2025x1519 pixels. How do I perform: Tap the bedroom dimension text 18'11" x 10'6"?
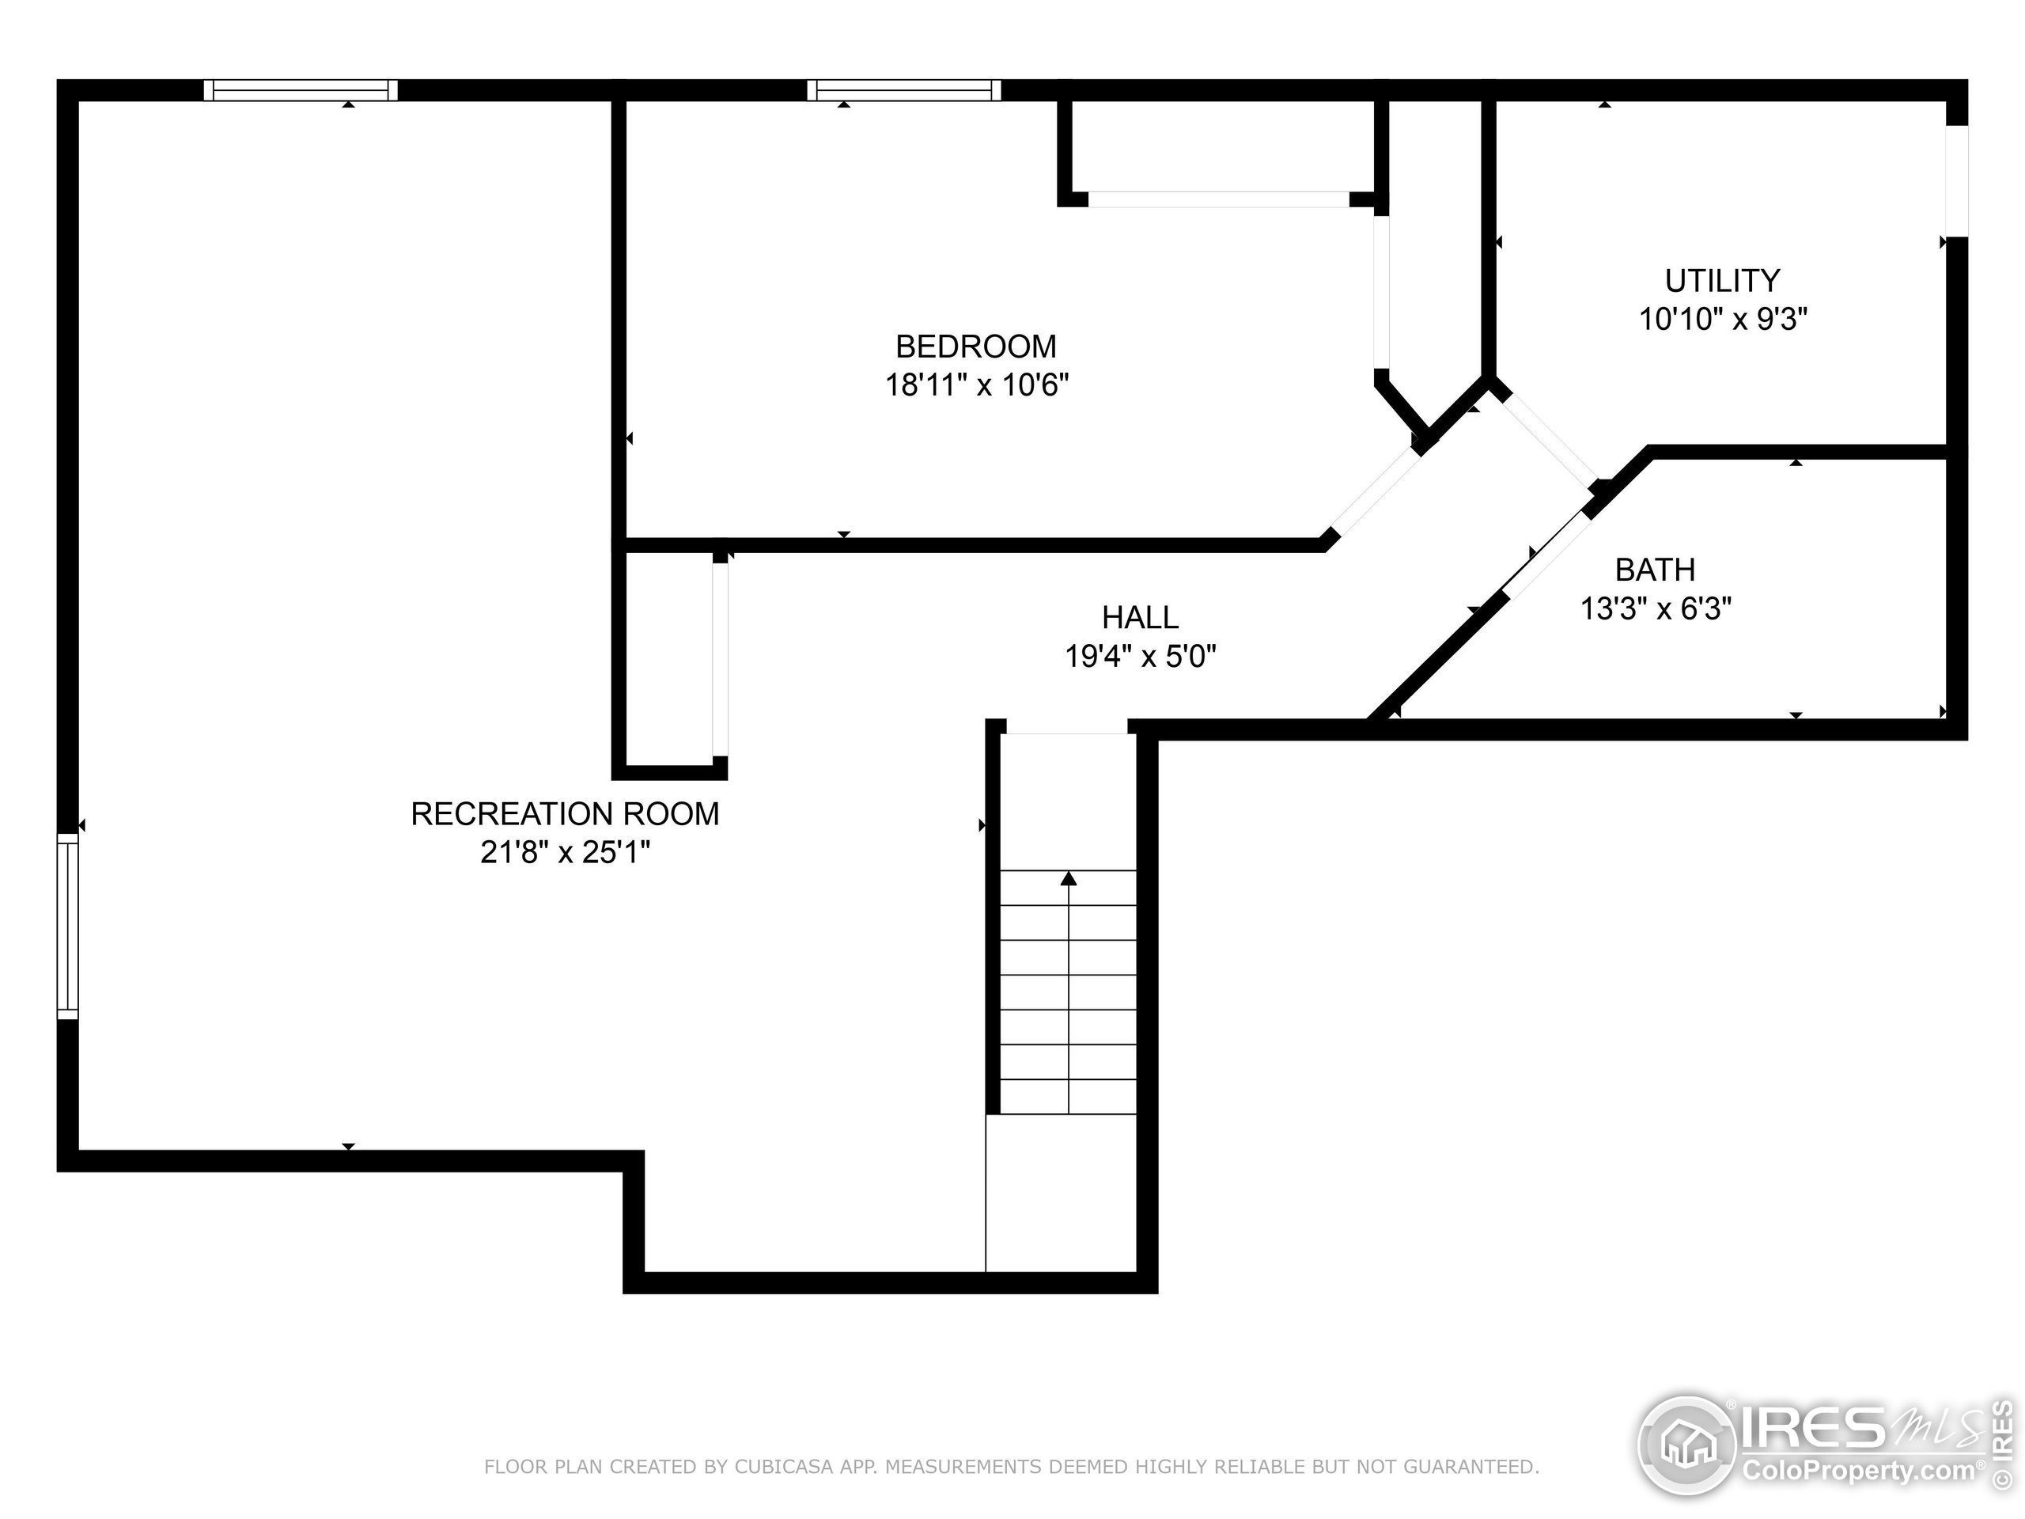[976, 384]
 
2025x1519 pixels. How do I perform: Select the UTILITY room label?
[1721, 280]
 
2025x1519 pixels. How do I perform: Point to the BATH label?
[1654, 570]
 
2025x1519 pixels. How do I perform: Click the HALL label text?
[1140, 617]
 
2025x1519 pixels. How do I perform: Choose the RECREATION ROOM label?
[564, 813]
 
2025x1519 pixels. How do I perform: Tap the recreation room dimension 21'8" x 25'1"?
[564, 852]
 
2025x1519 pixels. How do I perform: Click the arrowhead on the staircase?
[1069, 879]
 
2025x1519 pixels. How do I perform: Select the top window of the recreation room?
[301, 89]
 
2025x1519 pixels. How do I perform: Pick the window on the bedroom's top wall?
[903, 89]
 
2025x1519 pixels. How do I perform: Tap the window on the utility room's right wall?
[1956, 180]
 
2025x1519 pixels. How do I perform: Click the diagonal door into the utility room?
[1548, 438]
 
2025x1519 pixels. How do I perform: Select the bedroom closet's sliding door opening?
[1217, 199]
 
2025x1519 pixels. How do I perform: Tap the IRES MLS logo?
[1817, 1447]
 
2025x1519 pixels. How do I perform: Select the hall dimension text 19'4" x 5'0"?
[1140, 657]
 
